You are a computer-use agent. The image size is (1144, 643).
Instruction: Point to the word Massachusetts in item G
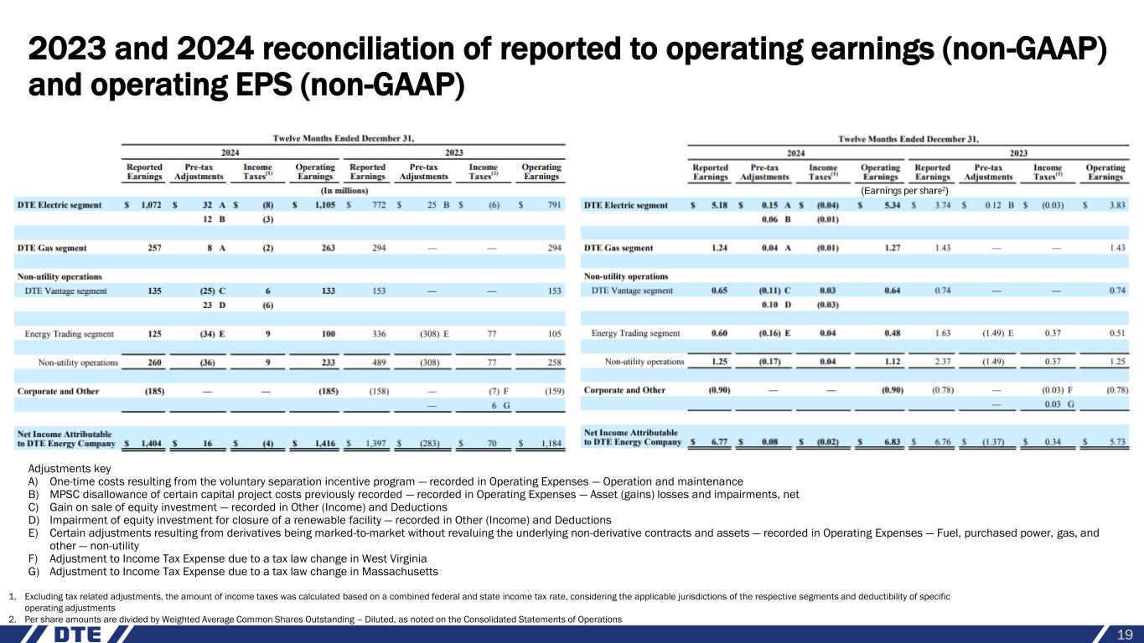394,572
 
